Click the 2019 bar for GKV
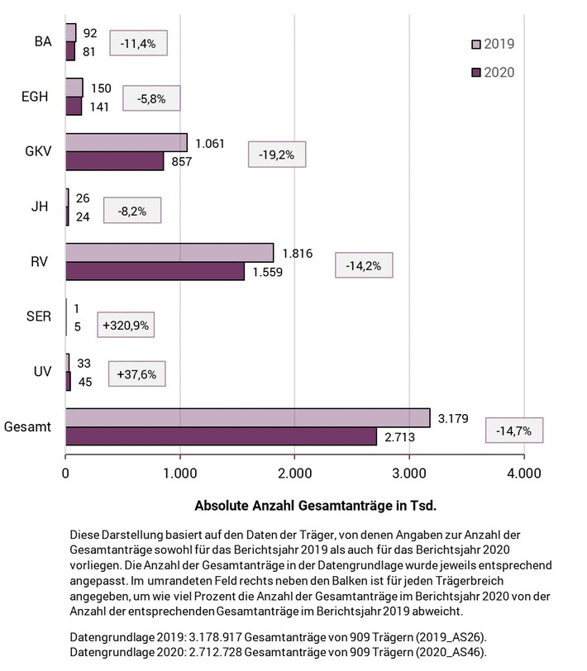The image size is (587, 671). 126,143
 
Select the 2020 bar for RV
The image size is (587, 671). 155,271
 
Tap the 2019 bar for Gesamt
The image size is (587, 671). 247,418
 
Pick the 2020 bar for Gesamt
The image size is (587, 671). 221,436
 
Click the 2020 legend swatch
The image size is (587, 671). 475,72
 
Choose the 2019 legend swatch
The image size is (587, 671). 475,44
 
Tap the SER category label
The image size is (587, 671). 39,317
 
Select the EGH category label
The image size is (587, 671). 35,97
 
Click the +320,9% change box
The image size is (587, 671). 126,326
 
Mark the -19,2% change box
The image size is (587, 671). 278,154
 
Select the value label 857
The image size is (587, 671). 181,162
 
